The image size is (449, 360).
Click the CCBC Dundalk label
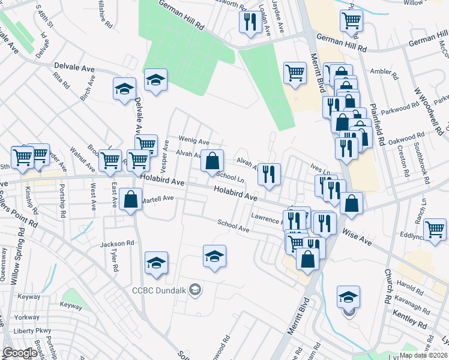pyautogui.click(x=159, y=291)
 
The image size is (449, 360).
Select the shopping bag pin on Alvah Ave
pyautogui.click(x=212, y=161)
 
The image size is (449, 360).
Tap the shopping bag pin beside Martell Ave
pyautogui.click(x=130, y=200)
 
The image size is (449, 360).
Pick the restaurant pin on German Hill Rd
pyautogui.click(x=249, y=23)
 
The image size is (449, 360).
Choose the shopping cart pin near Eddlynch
pyautogui.click(x=435, y=229)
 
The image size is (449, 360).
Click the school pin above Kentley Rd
pyautogui.click(x=348, y=296)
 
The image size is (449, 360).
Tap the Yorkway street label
pyautogui.click(x=28, y=317)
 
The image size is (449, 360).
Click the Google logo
pyautogui.click(x=20, y=353)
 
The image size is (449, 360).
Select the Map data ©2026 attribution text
pyautogui.click(x=424, y=355)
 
